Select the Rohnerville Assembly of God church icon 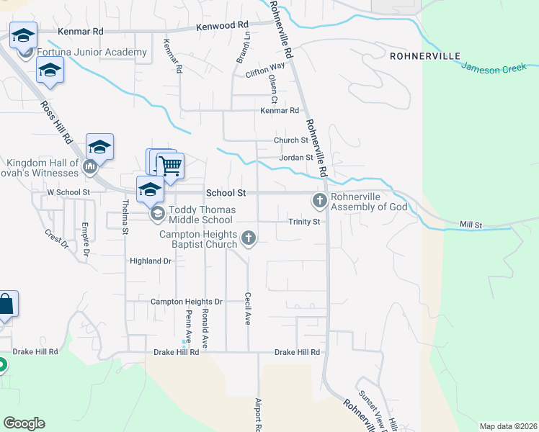[x=320, y=200]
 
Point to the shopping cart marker [x=170, y=166]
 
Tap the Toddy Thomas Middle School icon [x=157, y=213]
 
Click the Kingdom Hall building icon [x=90, y=168]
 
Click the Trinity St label [x=304, y=222]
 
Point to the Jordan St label [x=296, y=158]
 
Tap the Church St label [x=290, y=140]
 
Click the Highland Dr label [x=151, y=261]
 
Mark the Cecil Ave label [x=247, y=307]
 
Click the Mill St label [x=471, y=225]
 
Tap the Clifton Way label [x=264, y=70]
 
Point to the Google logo [x=24, y=423]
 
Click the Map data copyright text [x=508, y=426]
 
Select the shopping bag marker [x=5, y=305]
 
